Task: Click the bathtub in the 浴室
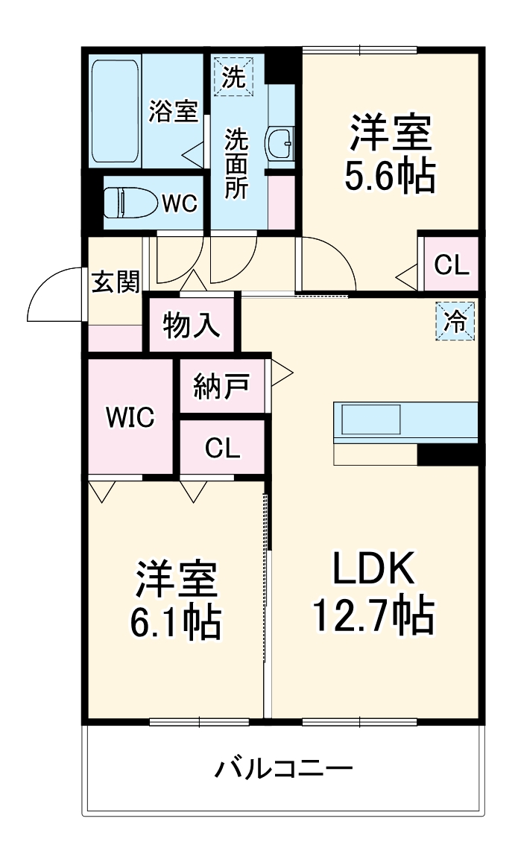[x=116, y=113]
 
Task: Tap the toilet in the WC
[x=122, y=201]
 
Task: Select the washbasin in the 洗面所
[x=282, y=140]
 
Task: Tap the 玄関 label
[x=116, y=282]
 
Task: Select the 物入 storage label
[x=192, y=325]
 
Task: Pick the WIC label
[x=130, y=418]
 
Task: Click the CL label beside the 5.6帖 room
[x=452, y=264]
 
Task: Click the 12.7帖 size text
[x=373, y=616]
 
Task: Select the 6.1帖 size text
[x=176, y=623]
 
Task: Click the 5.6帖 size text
[x=390, y=176]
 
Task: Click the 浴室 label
[x=173, y=112]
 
